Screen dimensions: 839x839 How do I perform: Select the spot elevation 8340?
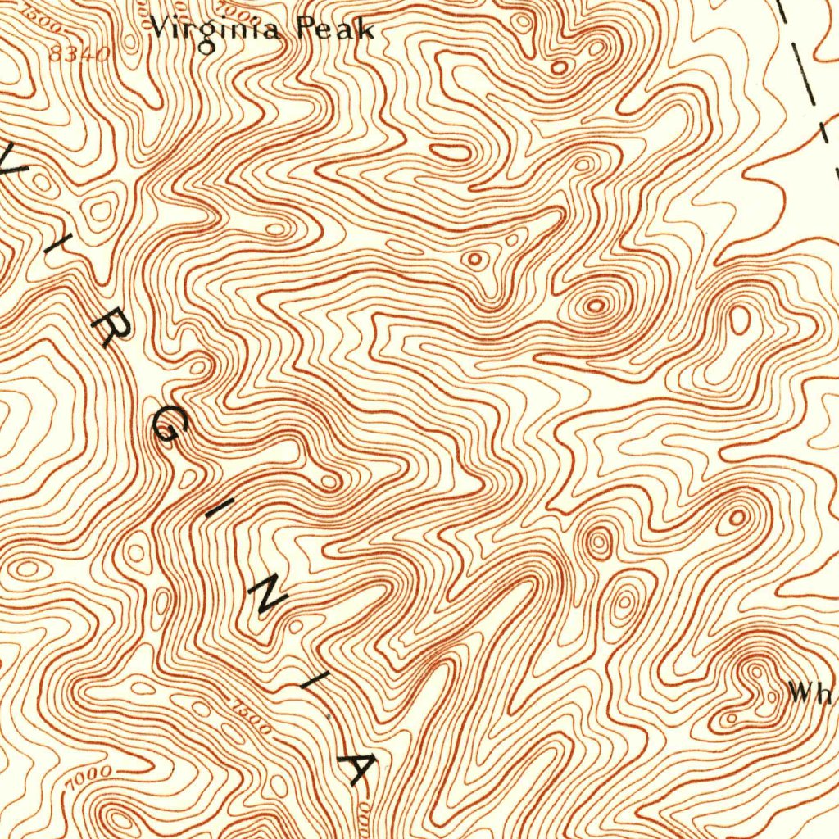(79, 55)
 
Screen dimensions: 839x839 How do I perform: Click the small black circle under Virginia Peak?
(208, 48)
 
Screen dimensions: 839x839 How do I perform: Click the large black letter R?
(111, 329)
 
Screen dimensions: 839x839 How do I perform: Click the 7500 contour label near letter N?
(252, 717)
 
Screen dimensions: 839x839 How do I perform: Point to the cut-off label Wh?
(811, 694)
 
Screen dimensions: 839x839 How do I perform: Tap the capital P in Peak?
(306, 29)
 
